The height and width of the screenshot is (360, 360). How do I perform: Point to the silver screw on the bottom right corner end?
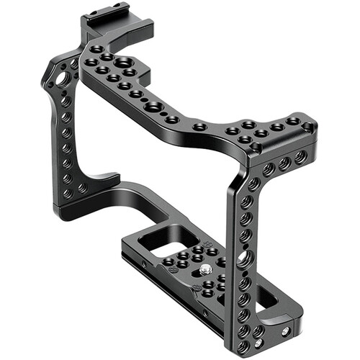[x=286, y=330]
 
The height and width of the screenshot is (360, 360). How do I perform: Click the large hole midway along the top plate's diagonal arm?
[x=153, y=106]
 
